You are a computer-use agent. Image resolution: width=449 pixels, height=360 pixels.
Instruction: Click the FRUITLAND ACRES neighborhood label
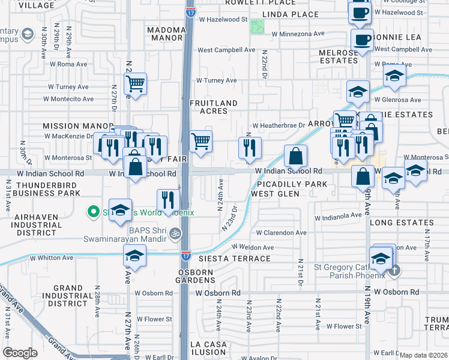(x=208, y=107)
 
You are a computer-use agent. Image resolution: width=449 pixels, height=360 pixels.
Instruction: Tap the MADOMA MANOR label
(x=165, y=35)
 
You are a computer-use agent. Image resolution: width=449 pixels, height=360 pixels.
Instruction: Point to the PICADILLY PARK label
(x=289, y=184)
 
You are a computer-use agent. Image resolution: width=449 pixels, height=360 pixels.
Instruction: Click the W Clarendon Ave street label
(x=281, y=233)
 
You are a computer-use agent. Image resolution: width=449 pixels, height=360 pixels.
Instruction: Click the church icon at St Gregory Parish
(x=394, y=270)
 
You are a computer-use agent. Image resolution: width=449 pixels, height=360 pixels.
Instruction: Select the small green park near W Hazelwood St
(x=258, y=26)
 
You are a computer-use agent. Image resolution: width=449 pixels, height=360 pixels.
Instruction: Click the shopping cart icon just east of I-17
(x=201, y=142)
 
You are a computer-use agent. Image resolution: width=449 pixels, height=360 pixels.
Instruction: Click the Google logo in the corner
(x=20, y=353)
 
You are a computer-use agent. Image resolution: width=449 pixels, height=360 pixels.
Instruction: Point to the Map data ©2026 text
(x=423, y=355)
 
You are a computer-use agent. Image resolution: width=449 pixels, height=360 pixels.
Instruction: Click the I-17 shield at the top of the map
(x=190, y=11)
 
